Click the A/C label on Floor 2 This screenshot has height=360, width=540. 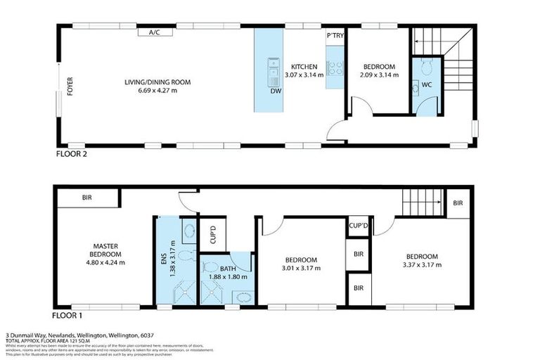click(x=154, y=32)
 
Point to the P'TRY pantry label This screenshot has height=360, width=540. click(x=334, y=35)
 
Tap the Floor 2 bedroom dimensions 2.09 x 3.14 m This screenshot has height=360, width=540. click(x=379, y=74)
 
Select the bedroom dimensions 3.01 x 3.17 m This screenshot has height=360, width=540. click(x=301, y=268)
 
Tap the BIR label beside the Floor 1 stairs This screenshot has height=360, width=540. click(x=458, y=202)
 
